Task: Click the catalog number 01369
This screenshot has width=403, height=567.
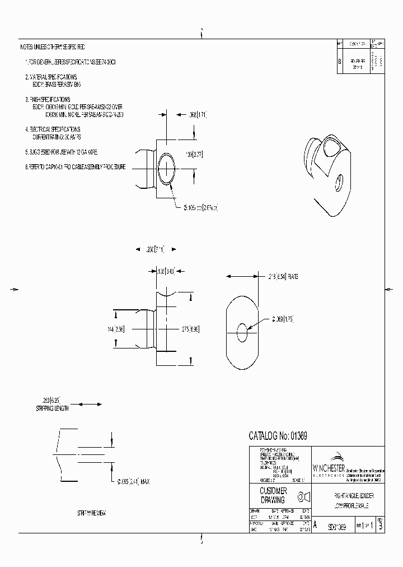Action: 278,436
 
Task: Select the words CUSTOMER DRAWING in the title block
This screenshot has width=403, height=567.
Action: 273,495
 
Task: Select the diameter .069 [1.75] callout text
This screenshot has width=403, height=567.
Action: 282,319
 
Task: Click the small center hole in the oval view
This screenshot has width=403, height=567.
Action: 242,332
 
